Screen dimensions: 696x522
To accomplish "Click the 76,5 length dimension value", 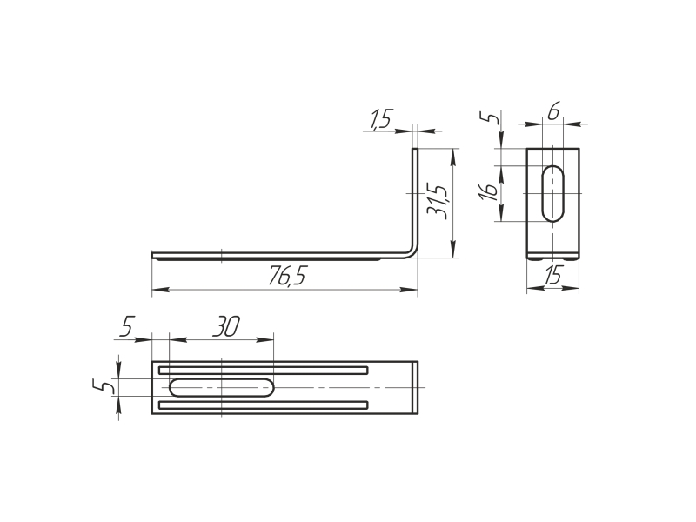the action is coord(287,276).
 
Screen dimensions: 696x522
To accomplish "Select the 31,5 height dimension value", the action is coord(438,201).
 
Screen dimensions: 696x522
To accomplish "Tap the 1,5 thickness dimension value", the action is coord(380,119).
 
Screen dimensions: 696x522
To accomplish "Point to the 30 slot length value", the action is coord(225,326).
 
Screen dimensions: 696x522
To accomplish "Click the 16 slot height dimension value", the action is coord(489,191).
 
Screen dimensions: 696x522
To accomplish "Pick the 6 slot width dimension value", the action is coord(553,111).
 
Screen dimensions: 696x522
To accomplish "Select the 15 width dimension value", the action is coord(552,275).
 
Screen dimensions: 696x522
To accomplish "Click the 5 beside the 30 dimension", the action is coord(126,326).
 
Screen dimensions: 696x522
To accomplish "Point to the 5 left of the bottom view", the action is coord(102,386).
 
